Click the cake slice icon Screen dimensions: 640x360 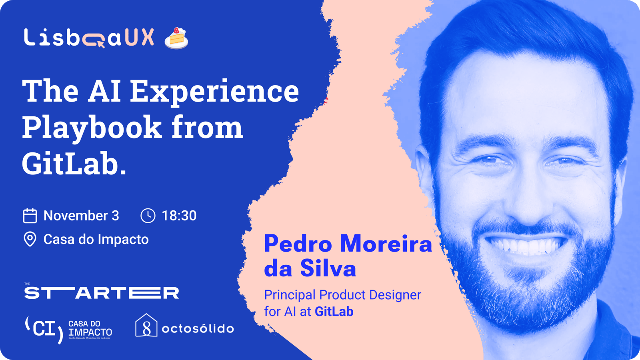(176, 38)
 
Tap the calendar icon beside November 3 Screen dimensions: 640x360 (30, 216)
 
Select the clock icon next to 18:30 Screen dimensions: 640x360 (148, 216)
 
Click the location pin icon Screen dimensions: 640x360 (30, 239)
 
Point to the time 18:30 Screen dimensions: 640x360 (179, 216)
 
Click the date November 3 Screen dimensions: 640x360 (81, 216)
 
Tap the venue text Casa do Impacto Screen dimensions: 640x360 (96, 240)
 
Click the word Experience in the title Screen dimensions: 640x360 (214, 92)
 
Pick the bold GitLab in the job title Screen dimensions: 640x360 (334, 312)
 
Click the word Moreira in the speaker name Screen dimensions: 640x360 (386, 244)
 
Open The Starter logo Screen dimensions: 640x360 (102, 292)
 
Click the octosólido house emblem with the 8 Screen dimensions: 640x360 (146, 326)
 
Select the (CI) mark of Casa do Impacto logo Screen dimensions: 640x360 (44, 330)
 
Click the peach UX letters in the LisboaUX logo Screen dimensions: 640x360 (140, 37)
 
